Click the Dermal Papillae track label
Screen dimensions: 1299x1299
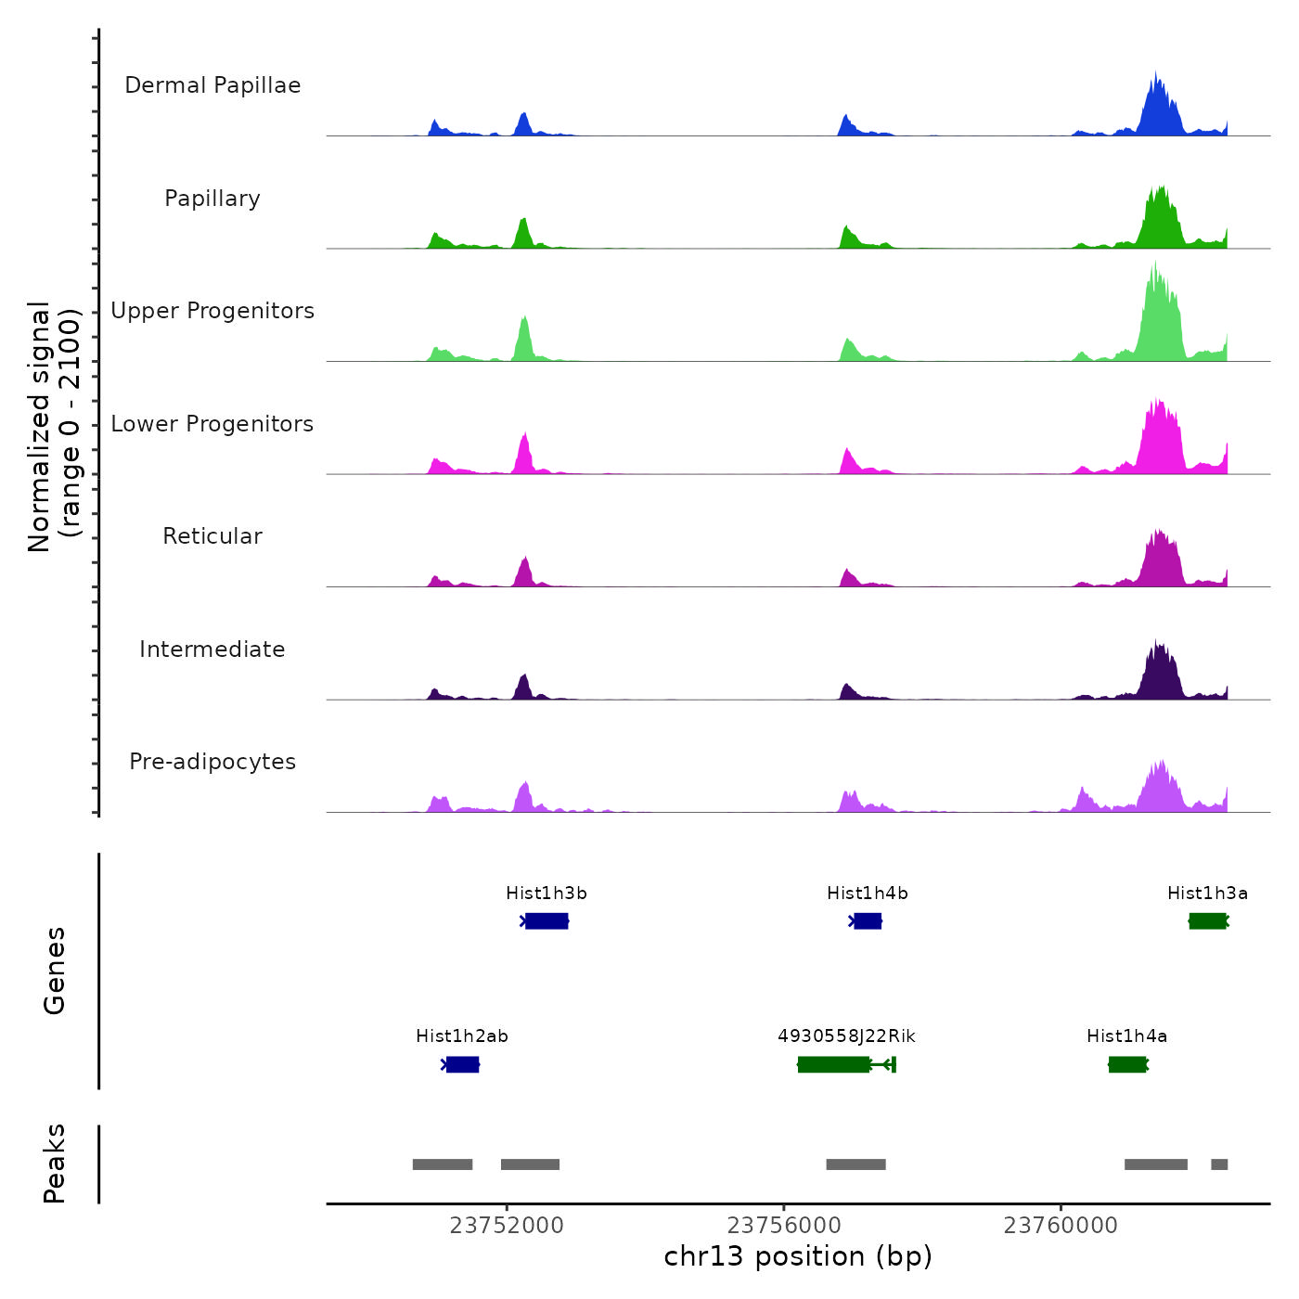click(x=212, y=85)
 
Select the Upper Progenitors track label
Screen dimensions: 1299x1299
click(x=212, y=311)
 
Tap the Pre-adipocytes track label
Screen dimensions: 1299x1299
click(x=212, y=762)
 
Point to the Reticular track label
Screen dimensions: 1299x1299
click(x=212, y=536)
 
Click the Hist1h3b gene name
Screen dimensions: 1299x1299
click(x=546, y=894)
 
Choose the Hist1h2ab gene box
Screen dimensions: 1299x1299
click(x=462, y=1064)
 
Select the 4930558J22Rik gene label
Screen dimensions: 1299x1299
click(x=846, y=1036)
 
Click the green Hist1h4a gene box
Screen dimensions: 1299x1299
click(x=1127, y=1064)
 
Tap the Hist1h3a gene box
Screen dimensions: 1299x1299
click(x=1208, y=920)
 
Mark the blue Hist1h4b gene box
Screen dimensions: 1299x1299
click(x=867, y=920)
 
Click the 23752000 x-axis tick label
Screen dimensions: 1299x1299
click(x=507, y=1226)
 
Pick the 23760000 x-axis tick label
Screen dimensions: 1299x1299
click(x=1061, y=1226)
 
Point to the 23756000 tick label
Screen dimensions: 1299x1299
click(x=784, y=1226)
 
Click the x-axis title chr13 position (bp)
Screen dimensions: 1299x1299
click(x=798, y=1256)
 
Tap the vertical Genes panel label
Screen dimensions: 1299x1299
click(x=55, y=971)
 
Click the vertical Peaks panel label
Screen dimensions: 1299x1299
click(x=55, y=1164)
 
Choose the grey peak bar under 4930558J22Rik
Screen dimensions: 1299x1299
click(x=855, y=1164)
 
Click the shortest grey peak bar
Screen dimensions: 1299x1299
click(x=1219, y=1164)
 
